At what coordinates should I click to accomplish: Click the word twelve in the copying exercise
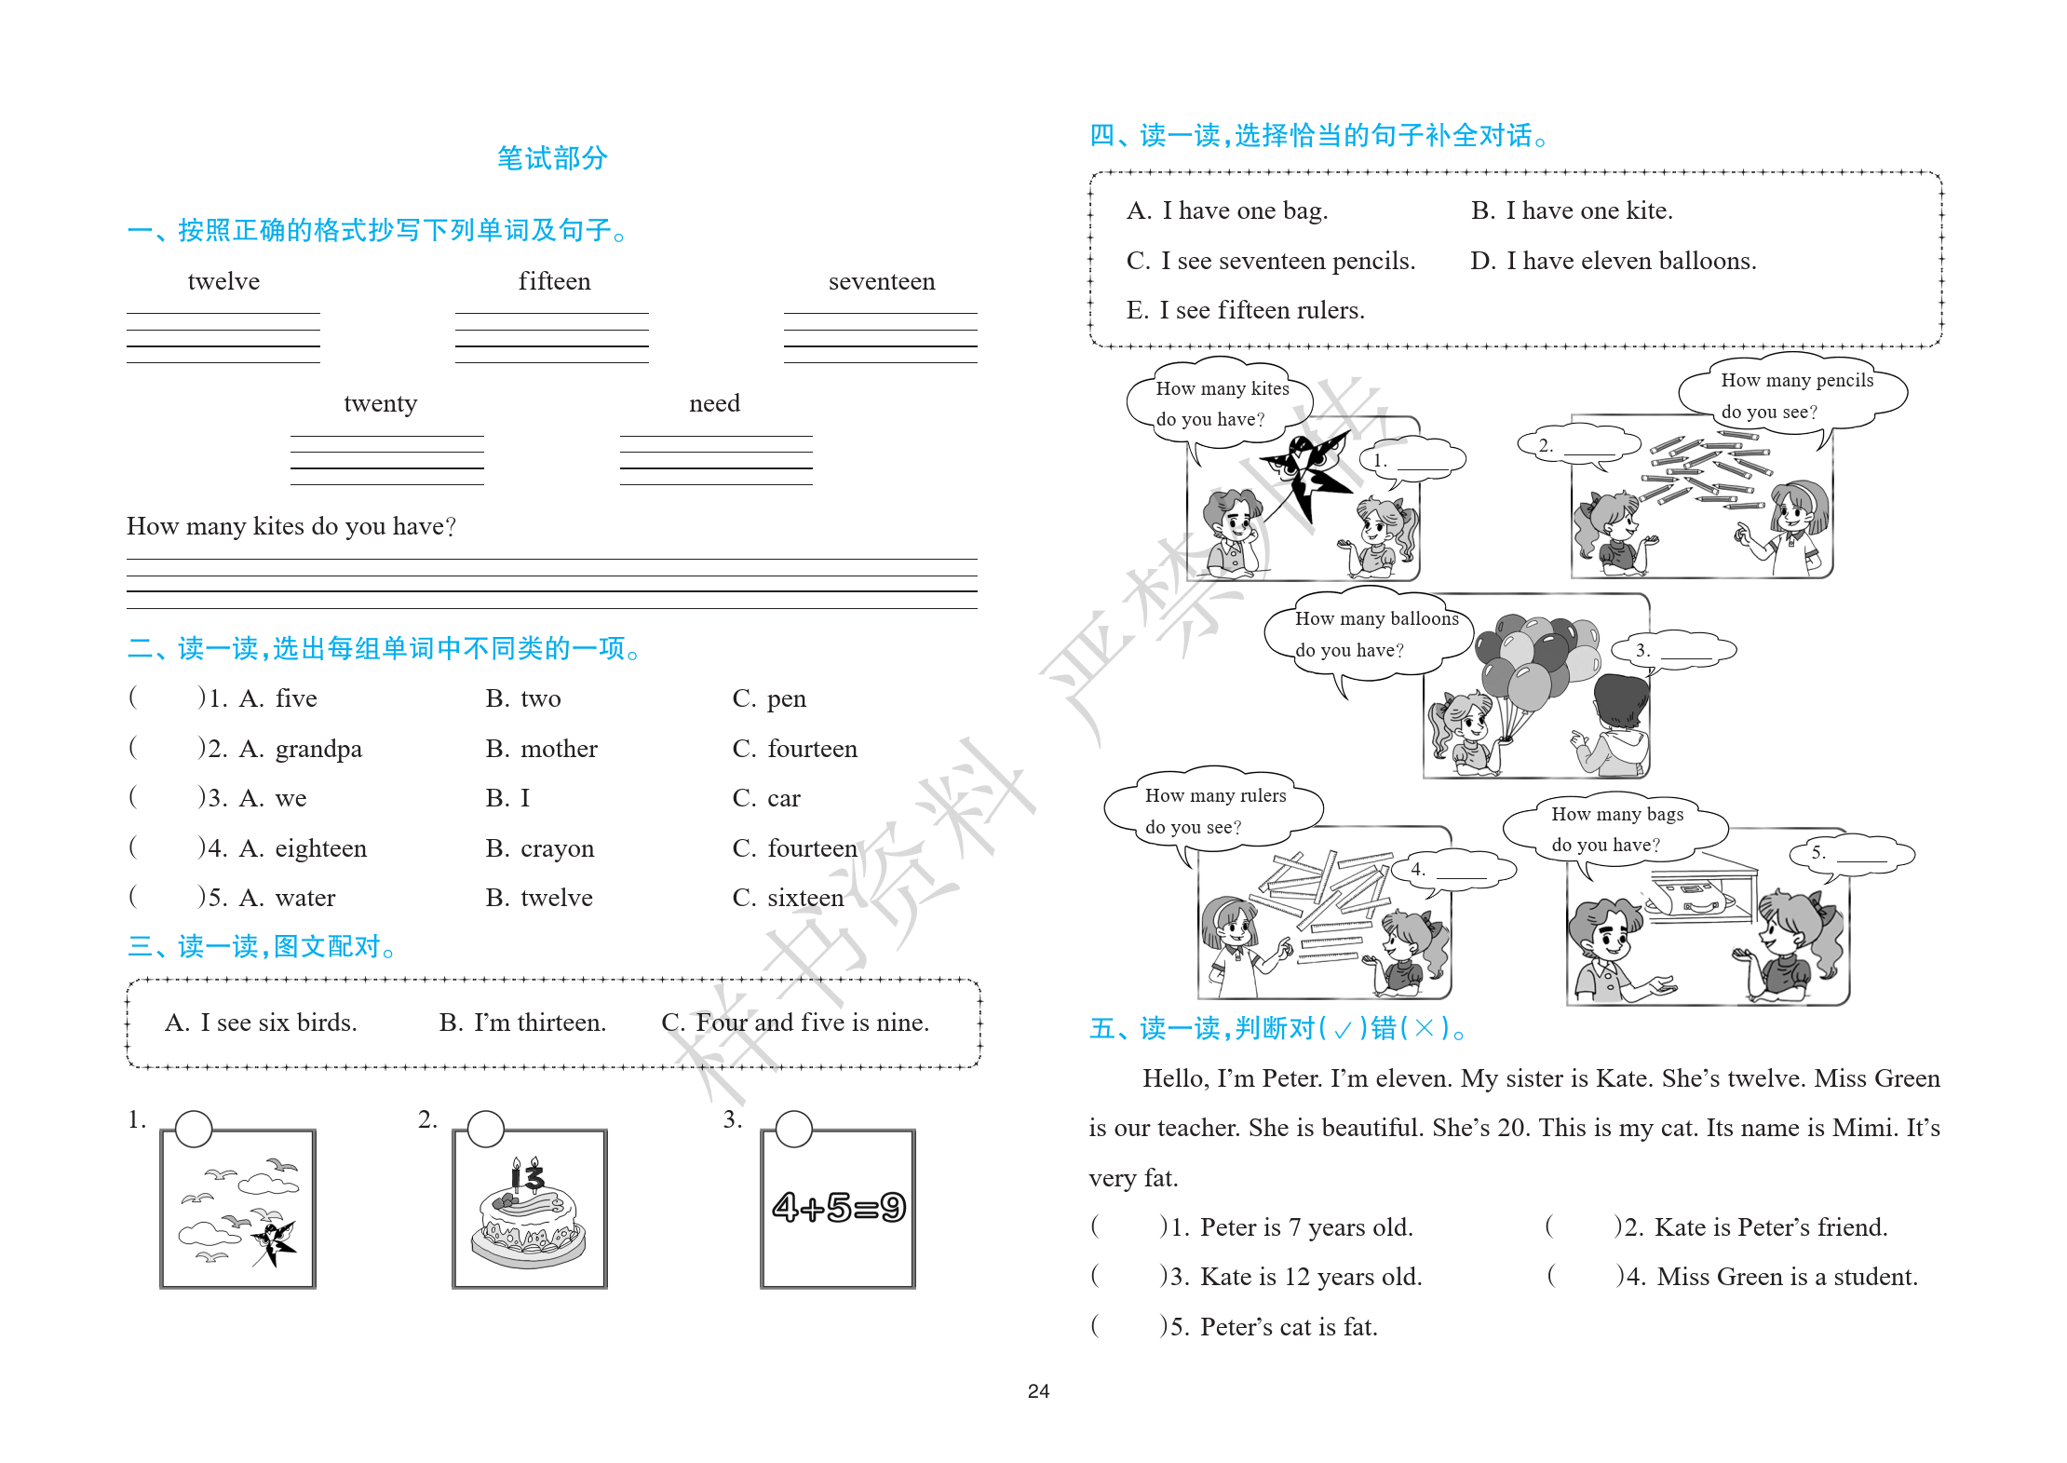pyautogui.click(x=223, y=281)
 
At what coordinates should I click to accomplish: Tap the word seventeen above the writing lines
pyautogui.click(x=881, y=281)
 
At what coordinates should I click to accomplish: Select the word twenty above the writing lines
pyautogui.click(x=380, y=403)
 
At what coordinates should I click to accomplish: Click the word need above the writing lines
pyautogui.click(x=714, y=403)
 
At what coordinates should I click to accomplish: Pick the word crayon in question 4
pyautogui.click(x=557, y=848)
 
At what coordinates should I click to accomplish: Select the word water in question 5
pyautogui.click(x=304, y=898)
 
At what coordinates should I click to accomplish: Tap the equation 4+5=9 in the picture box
pyautogui.click(x=838, y=1208)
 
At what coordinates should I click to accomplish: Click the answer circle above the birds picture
pyautogui.click(x=194, y=1129)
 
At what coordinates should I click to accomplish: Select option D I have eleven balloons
pyautogui.click(x=1613, y=261)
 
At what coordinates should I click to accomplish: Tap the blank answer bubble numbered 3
pyautogui.click(x=1673, y=650)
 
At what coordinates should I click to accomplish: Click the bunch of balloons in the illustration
pyautogui.click(x=1536, y=661)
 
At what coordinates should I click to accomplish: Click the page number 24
pyautogui.click(x=1038, y=1391)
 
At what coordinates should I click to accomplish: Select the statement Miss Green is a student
pyautogui.click(x=1787, y=1277)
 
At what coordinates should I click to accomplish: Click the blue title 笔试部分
pyautogui.click(x=552, y=158)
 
